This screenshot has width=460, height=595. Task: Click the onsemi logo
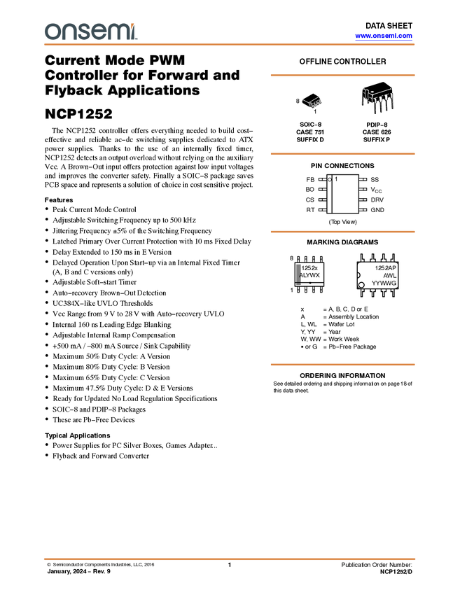[x=90, y=31]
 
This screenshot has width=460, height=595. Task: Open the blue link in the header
[x=384, y=36]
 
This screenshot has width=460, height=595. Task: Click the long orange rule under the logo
[x=230, y=45]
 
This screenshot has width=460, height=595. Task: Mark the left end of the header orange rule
[x=45, y=45]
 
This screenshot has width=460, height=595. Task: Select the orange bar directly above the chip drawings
[x=342, y=75]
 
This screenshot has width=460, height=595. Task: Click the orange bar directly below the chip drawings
[x=342, y=154]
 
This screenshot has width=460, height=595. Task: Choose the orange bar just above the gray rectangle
[x=342, y=232]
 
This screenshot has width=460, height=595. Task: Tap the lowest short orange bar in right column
[x=342, y=365]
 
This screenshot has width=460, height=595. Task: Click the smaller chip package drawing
[x=312, y=104]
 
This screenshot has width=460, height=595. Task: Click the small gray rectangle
[x=299, y=274]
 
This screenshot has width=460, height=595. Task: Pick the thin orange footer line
[x=230, y=559]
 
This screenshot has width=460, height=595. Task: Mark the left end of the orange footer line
[x=44, y=559]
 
